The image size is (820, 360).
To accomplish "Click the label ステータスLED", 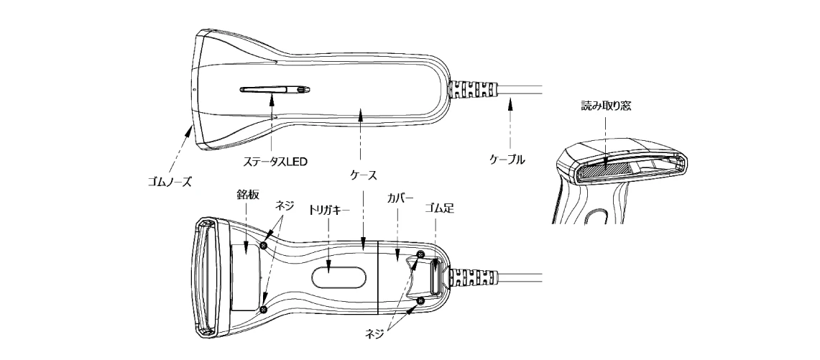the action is [x=275, y=162].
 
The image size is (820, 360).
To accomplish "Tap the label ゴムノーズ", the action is [x=170, y=183].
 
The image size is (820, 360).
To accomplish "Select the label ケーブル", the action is [x=507, y=160].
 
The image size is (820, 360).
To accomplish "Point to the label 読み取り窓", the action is [x=606, y=106].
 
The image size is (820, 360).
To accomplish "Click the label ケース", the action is [x=363, y=175].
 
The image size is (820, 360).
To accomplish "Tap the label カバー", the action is [x=400, y=198].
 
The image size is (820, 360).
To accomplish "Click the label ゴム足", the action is [x=438, y=208].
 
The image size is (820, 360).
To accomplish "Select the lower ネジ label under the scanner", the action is [x=375, y=333].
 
